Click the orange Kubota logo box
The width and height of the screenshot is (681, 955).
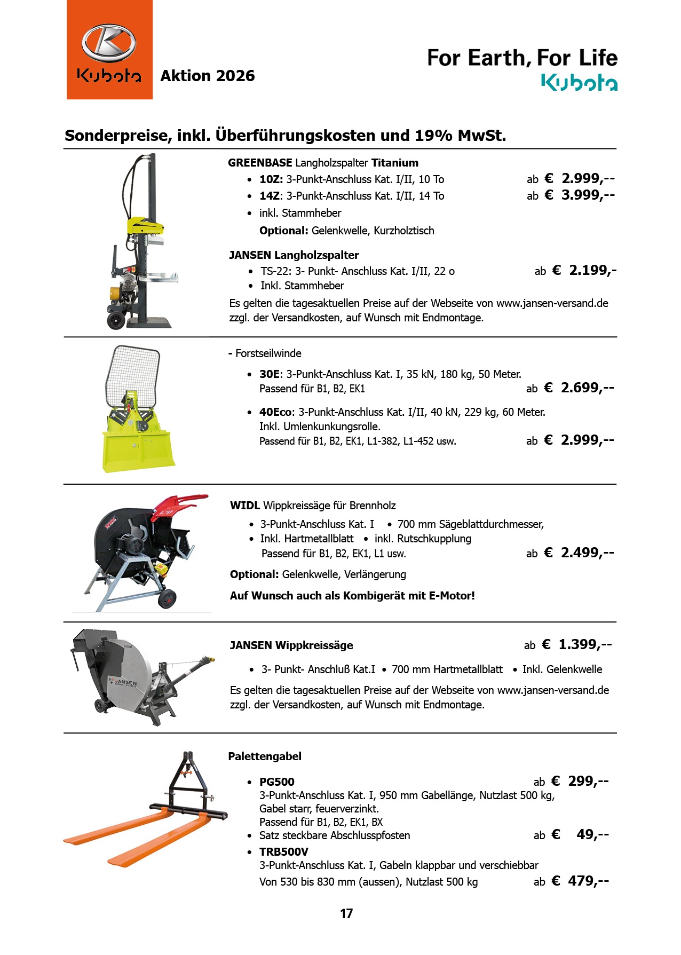coord(109,50)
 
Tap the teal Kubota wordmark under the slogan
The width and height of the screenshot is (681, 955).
coord(579,83)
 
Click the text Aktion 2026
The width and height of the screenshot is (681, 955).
coord(208,76)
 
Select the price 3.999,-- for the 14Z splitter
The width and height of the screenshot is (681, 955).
coord(588,195)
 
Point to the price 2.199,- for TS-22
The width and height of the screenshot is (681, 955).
coord(592,270)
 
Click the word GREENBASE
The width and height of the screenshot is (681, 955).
coord(260,163)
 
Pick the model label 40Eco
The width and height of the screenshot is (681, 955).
coord(275,412)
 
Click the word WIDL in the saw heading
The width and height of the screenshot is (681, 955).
coord(245,505)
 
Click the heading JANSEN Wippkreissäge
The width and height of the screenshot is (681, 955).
coord(291,645)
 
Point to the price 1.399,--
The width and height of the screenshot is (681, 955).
coord(585,644)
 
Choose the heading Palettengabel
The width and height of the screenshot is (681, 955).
coord(265,756)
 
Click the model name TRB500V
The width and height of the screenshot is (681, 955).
coord(284,851)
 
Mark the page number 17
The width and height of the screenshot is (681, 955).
coord(346,913)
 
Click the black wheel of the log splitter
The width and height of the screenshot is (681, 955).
coord(116,320)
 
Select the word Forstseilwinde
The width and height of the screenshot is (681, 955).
coord(268,353)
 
